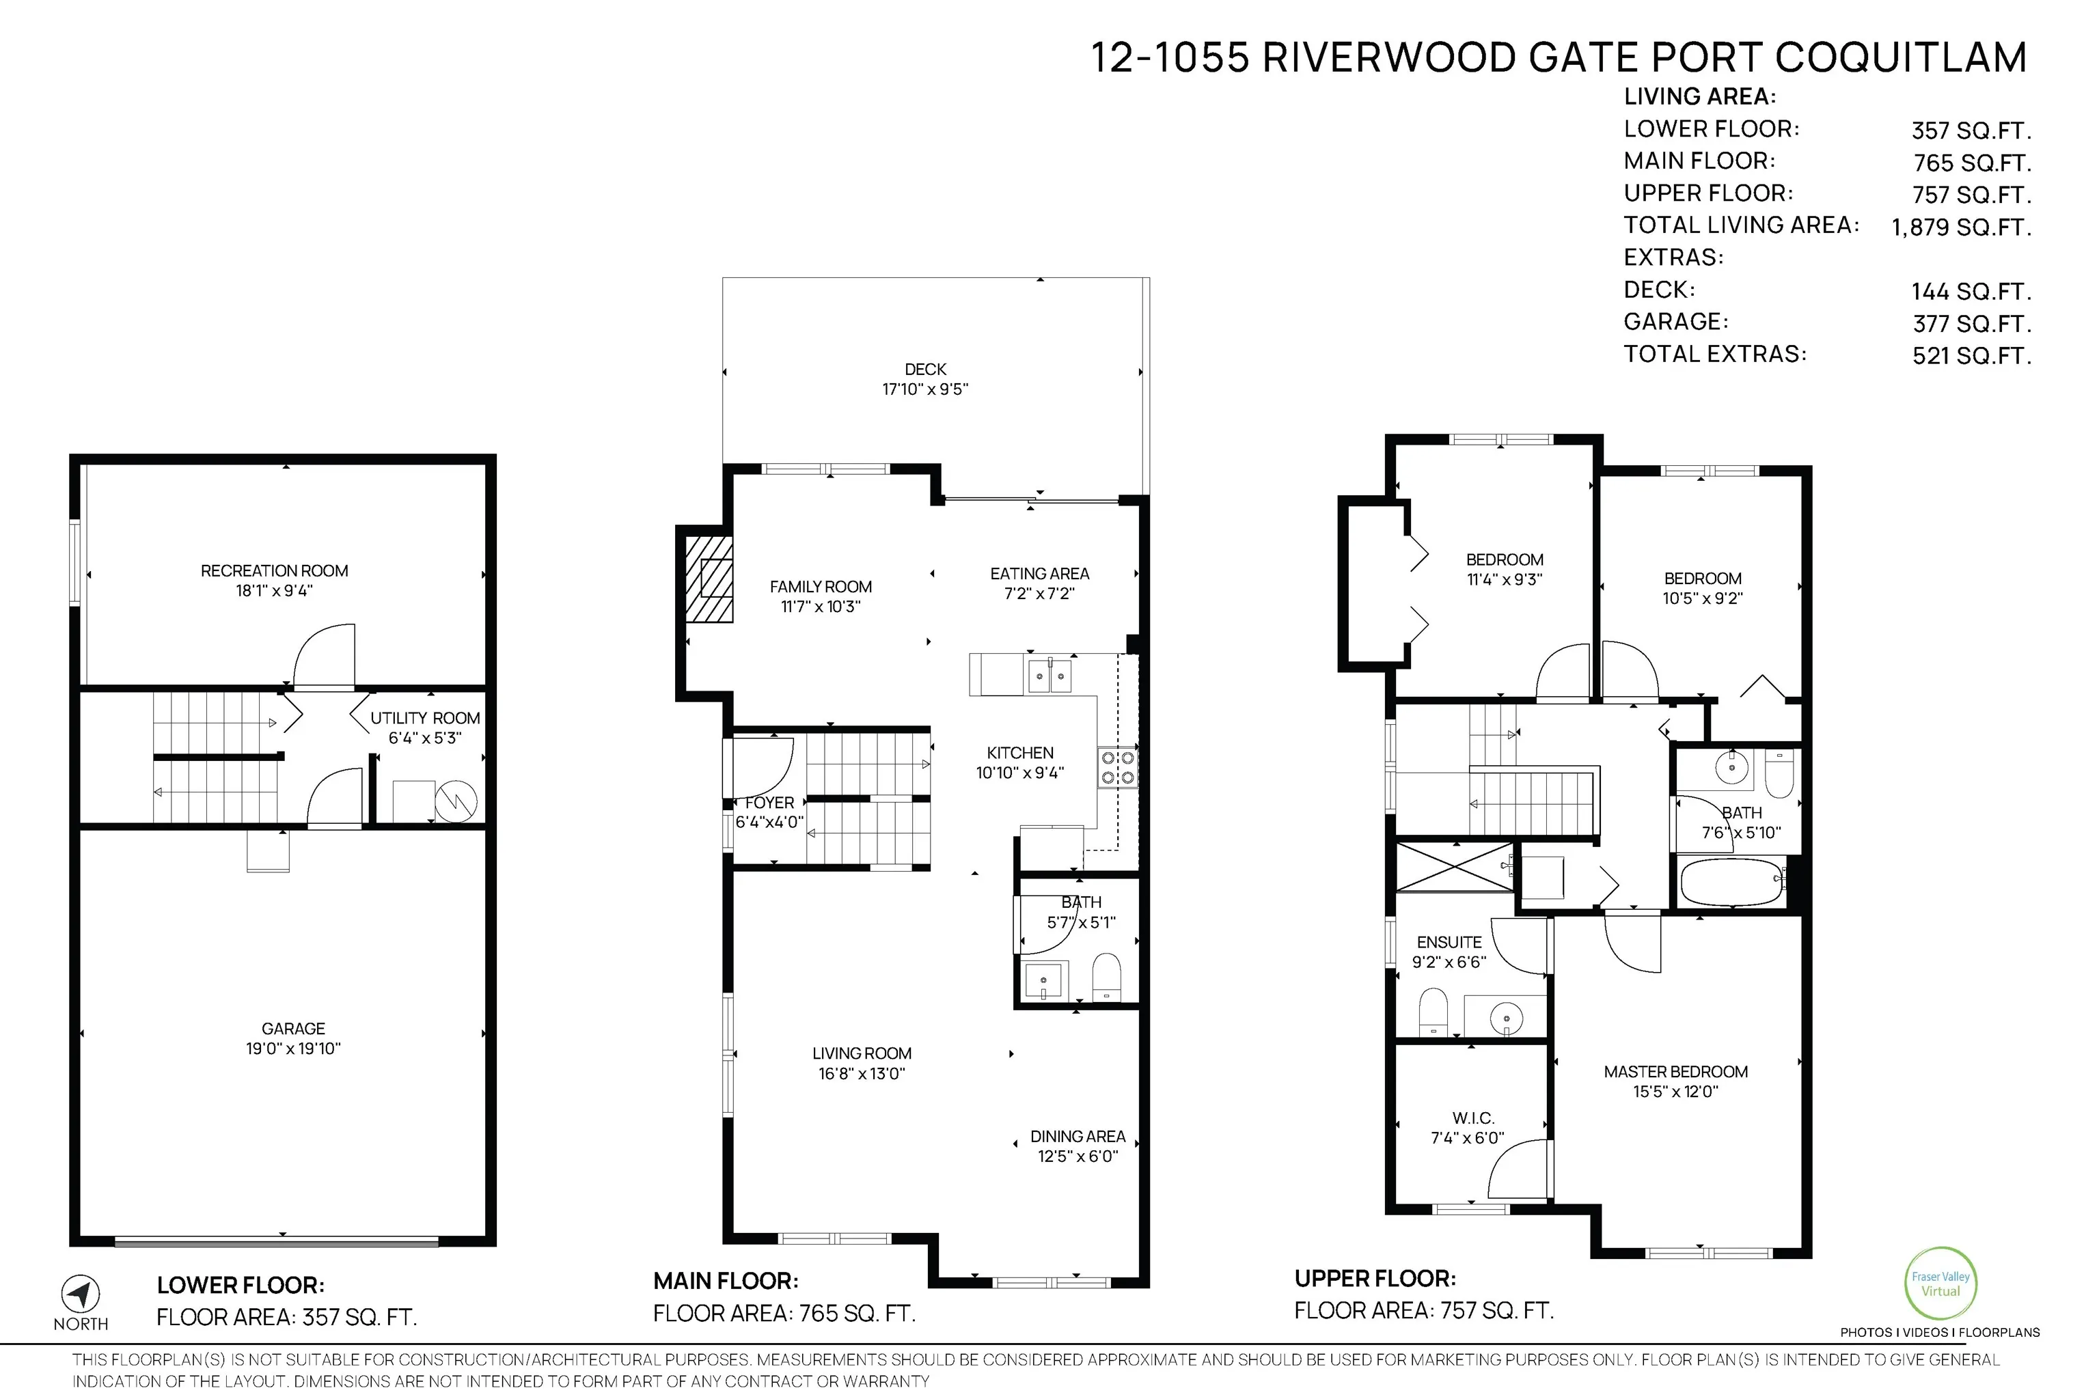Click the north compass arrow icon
81,1293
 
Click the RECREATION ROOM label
274,571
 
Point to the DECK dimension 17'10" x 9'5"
924,389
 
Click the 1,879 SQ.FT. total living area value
1961,227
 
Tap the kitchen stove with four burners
1117,767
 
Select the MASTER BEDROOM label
1675,1072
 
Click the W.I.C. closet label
1472,1118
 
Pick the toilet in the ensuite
1432,1011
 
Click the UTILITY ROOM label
425,718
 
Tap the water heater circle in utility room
456,801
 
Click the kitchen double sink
1049,676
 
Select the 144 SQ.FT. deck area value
1971,292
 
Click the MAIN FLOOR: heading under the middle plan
726,1282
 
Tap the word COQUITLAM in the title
1900,58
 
